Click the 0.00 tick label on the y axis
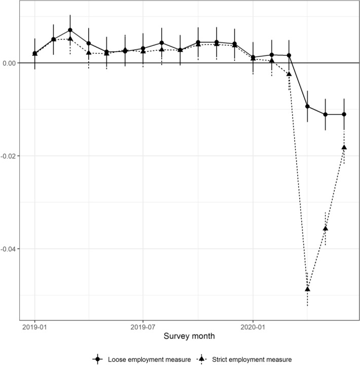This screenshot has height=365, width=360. pyautogui.click(x=10, y=63)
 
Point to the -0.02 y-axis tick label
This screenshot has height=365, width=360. pyautogui.click(x=9, y=156)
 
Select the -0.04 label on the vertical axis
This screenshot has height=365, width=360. pyautogui.click(x=9, y=249)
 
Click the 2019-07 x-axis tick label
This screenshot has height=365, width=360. pyautogui.click(x=143, y=326)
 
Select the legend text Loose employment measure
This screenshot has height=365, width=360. pyautogui.click(x=150, y=359)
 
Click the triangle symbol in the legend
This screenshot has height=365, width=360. pyautogui.click(x=201, y=359)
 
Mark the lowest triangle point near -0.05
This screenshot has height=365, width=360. pyautogui.click(x=307, y=289)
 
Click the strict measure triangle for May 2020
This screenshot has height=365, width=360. pyautogui.click(x=326, y=228)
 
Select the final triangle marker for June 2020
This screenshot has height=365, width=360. pyautogui.click(x=344, y=147)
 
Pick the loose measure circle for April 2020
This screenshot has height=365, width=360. pyautogui.click(x=307, y=106)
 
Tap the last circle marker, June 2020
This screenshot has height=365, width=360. pyautogui.click(x=344, y=114)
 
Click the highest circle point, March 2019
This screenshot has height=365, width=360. pyautogui.click(x=70, y=30)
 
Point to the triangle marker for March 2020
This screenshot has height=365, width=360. pyautogui.click(x=289, y=74)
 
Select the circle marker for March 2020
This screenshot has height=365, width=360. pyautogui.click(x=289, y=55)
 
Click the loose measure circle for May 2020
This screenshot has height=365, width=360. pyautogui.click(x=326, y=114)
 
